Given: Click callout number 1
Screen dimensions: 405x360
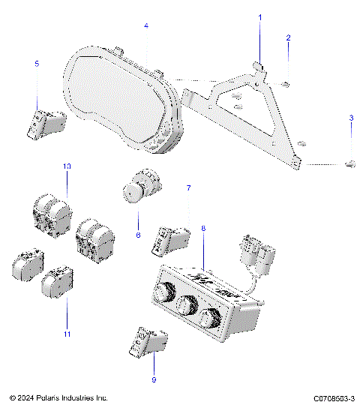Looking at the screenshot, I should (x=260, y=16).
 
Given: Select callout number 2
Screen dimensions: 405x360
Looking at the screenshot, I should (x=289, y=37).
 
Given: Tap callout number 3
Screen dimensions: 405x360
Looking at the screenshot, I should (x=350, y=118).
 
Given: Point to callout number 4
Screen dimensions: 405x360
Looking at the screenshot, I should (x=146, y=26).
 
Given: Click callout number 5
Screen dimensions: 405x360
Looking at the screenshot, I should (x=36, y=64).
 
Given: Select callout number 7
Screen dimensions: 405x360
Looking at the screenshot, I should (x=188, y=188).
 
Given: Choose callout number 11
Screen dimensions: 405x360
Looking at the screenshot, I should (x=67, y=333).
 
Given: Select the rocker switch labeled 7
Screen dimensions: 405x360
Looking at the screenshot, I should (x=172, y=238).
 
